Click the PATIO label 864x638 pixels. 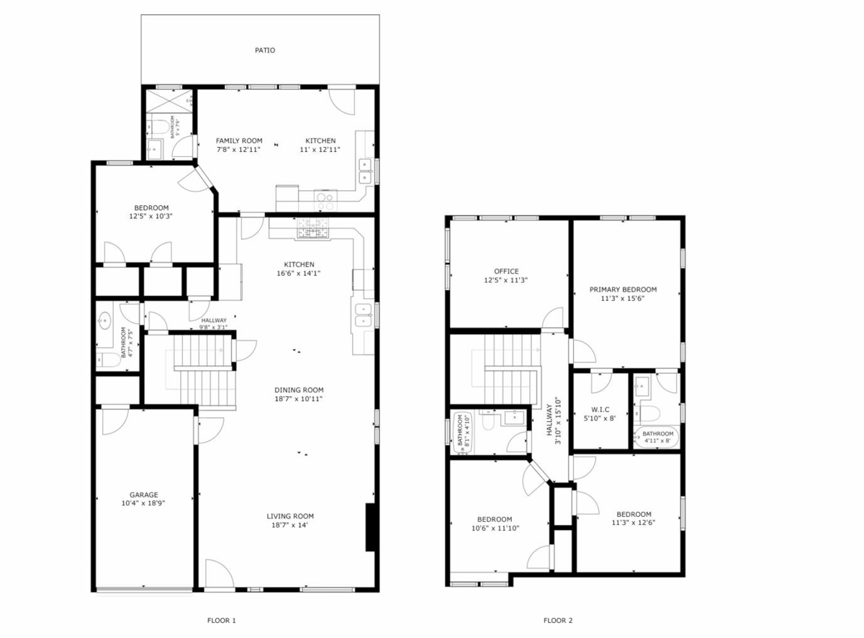pos(264,50)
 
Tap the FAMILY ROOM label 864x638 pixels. pos(239,140)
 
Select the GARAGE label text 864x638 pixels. pos(143,495)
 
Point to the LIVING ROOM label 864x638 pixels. pos(290,516)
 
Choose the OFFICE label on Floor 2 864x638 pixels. pos(506,271)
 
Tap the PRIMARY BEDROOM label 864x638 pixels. pos(623,289)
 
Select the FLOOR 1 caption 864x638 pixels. pos(221,620)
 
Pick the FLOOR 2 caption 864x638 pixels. pos(558,620)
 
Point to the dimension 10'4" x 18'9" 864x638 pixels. pos(143,504)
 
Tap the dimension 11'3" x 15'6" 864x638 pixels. pos(623,298)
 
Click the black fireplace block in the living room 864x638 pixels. pos(371,527)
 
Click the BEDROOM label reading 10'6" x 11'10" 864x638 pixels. pos(495,519)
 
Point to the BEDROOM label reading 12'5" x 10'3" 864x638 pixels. pos(151,207)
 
